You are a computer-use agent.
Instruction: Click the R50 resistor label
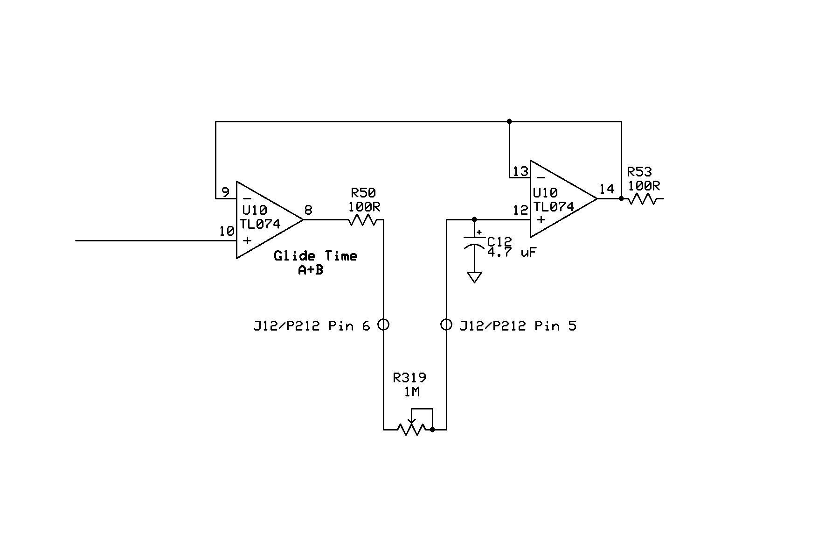point(363,192)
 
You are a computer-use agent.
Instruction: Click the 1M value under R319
point(411,392)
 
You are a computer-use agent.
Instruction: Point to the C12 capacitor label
point(499,242)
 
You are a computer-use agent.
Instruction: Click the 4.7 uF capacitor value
point(511,253)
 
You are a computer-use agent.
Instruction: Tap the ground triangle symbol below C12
point(474,277)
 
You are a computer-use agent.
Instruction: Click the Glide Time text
point(315,256)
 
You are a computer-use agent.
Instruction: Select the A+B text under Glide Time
point(311,270)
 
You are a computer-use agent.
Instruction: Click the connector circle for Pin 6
point(383,324)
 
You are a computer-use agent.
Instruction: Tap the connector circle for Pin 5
point(446,324)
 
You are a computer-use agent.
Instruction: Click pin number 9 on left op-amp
point(225,192)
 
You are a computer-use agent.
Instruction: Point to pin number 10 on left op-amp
point(227,231)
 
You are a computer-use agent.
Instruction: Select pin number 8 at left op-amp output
point(308,210)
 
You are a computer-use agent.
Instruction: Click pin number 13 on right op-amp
point(520,172)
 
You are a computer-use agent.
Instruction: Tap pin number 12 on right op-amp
point(520,211)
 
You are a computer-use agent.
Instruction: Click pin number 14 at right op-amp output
point(606,189)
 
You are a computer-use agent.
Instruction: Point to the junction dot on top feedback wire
point(509,121)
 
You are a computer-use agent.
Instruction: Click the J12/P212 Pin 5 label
point(518,325)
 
